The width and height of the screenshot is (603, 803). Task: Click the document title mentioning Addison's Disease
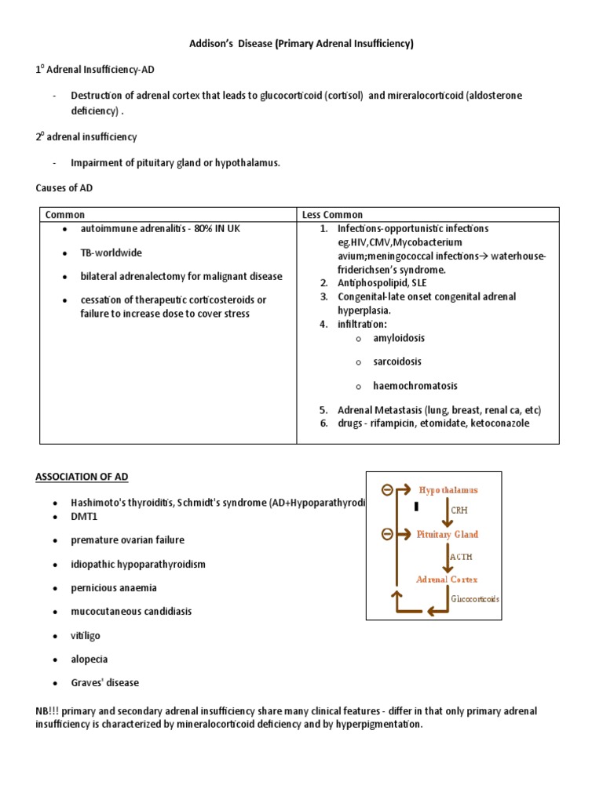tap(301, 44)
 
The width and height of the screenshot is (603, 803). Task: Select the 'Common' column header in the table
tap(65, 215)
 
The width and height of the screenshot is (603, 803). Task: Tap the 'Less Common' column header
tap(333, 215)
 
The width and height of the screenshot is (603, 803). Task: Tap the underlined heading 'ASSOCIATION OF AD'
tap(82, 477)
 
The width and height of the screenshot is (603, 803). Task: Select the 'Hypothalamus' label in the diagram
tap(448, 489)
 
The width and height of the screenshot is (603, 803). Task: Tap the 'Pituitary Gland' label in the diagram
tap(448, 534)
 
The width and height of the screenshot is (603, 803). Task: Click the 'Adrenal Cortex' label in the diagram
tap(446, 580)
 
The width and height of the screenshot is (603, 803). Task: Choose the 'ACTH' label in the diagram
tap(462, 557)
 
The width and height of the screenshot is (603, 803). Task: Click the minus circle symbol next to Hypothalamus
tap(386, 490)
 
